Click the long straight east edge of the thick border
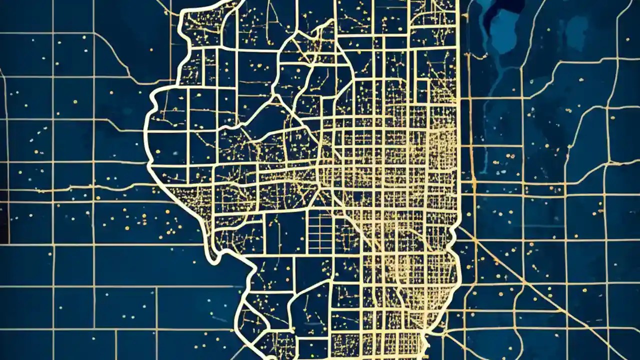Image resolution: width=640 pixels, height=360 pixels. pos(458,125)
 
